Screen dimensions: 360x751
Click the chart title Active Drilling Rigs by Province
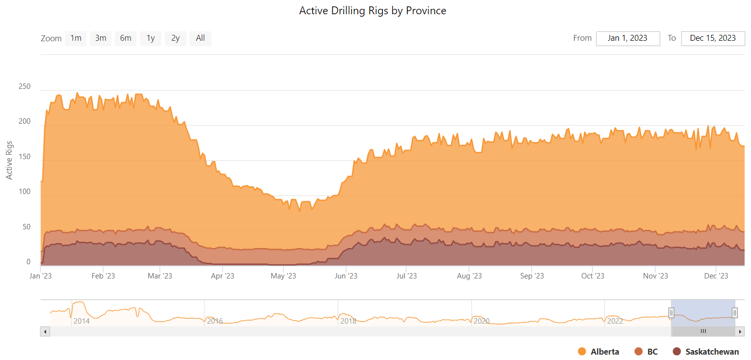click(x=373, y=11)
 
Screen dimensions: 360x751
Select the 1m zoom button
click(x=76, y=38)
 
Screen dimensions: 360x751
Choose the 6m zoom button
click(x=126, y=38)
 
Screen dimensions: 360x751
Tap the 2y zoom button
click(x=175, y=38)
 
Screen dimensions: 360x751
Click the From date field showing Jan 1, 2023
click(x=627, y=38)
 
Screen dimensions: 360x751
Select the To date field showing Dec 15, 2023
click(x=713, y=38)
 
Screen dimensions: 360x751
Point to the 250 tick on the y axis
click(x=25, y=87)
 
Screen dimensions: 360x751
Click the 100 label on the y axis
click(x=25, y=192)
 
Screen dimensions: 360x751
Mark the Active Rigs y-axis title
click(x=9, y=161)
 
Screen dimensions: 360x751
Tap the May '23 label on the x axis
click(x=284, y=276)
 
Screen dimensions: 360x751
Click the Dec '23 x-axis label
click(x=717, y=276)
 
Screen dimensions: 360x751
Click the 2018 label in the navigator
click(x=348, y=321)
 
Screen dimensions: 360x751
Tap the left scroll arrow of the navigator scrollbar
click(x=45, y=332)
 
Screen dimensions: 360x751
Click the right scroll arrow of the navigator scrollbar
click(x=740, y=332)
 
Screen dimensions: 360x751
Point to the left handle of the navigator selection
click(x=671, y=312)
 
